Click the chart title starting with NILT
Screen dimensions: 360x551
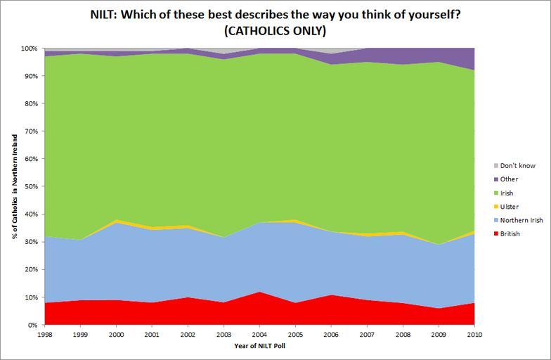(x=275, y=15)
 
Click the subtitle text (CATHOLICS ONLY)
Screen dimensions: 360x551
(x=275, y=32)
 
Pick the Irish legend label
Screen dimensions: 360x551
(x=507, y=193)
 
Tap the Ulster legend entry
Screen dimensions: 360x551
(x=509, y=207)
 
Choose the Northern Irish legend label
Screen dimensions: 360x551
(x=521, y=220)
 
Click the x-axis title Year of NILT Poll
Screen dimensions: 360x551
(x=261, y=346)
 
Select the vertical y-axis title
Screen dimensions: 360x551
(x=13, y=186)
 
